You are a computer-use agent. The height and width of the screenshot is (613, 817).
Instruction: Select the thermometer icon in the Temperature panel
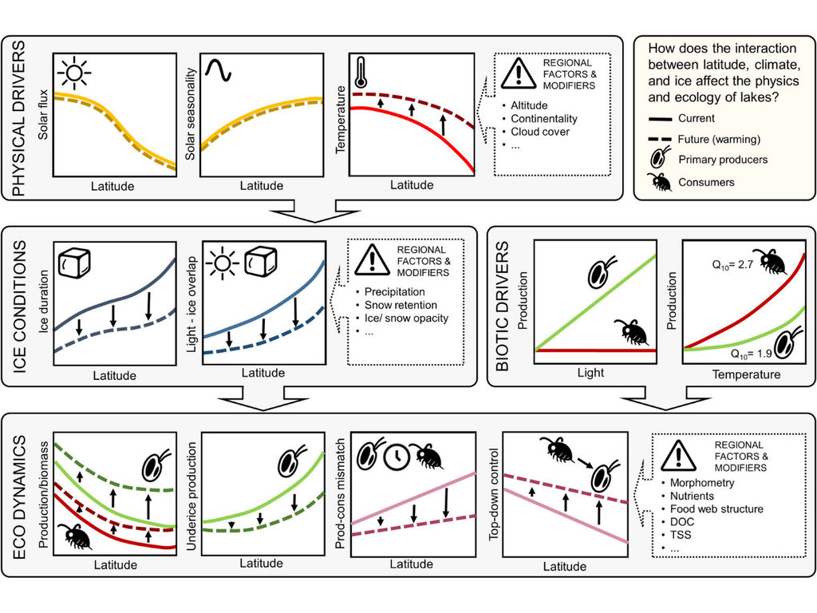point(361,72)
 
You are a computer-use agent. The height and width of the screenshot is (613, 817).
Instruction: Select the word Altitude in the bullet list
point(530,105)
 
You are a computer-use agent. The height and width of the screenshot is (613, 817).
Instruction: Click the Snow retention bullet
point(401,305)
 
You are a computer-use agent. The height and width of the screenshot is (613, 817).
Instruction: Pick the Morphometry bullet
point(701,482)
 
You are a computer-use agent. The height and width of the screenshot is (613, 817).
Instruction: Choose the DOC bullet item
point(681,522)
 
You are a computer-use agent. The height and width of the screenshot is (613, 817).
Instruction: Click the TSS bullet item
point(680,535)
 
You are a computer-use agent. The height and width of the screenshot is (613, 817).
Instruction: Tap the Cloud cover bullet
point(540,132)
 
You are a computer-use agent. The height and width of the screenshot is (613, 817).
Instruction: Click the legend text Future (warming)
point(719,139)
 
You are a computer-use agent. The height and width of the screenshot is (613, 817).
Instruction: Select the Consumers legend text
point(707,182)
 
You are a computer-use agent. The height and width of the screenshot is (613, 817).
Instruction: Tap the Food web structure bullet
point(716,508)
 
